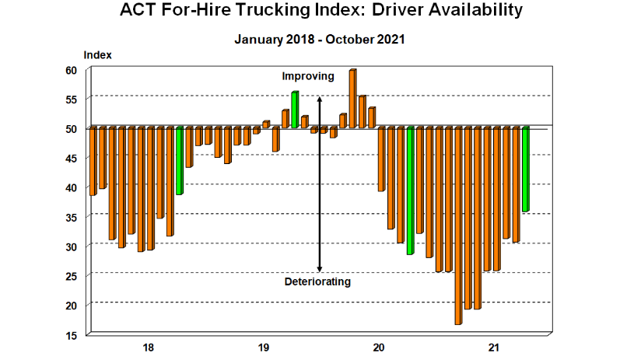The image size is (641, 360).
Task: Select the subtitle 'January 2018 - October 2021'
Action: pos(320,39)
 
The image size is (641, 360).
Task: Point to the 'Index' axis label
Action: pos(97,55)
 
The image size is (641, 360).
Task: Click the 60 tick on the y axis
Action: pos(71,70)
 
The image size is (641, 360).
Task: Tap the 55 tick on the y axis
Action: pos(71,100)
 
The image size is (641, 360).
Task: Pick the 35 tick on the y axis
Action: pos(71,217)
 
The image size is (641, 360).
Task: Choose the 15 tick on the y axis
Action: pos(71,335)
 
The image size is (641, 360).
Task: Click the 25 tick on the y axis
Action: pos(71,276)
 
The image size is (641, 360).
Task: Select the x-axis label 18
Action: pos(148,347)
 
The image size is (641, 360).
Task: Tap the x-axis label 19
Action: pos(263,347)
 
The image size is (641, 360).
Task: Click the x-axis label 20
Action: pos(379,347)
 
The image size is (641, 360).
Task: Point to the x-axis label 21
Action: pos(492,347)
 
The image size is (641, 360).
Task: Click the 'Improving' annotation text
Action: pos(308,76)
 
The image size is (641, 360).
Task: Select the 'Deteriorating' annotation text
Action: pos(317,281)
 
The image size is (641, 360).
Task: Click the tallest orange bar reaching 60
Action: pos(352,98)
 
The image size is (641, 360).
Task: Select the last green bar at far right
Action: pos(525,169)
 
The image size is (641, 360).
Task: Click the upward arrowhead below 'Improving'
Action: pos(319,100)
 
